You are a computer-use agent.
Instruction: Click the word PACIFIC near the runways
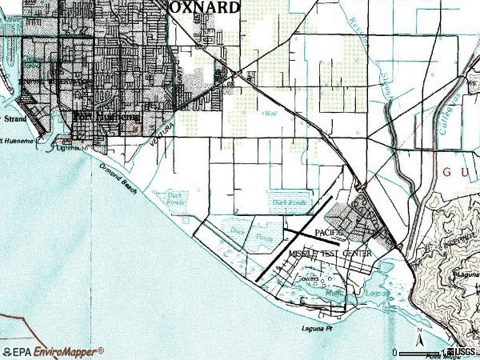(329, 233)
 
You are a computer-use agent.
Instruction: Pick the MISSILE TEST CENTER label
(330, 254)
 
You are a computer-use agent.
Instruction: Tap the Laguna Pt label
(317, 329)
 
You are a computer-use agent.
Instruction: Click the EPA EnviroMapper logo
(53, 351)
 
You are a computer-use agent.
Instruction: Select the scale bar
(424, 352)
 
